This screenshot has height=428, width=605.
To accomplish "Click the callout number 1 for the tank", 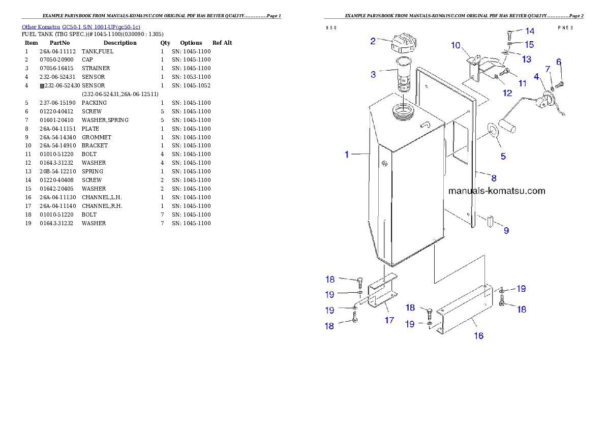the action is pos(347,154).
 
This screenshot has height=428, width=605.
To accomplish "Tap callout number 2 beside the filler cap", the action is pos(373,41).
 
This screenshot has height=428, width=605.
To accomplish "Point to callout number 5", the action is pos(503,156).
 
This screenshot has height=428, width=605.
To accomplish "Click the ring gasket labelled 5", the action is pos(493,131).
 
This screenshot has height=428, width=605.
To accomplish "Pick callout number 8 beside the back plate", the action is pos(493,178).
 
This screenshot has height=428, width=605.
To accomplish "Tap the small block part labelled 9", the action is pos(491,222).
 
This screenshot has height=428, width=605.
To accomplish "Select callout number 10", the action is pos(456,45).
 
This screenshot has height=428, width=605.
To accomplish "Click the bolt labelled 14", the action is pos(509,35).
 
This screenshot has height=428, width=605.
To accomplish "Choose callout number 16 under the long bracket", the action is pos(478,335).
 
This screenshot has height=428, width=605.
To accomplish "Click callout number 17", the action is pos(389,320).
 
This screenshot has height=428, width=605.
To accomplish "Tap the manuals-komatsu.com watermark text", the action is pos(496,191).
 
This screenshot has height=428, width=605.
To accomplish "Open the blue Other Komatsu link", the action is pos(81,27).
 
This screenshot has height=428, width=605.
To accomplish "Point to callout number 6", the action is pos(558,62).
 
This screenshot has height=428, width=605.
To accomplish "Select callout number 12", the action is pos(507,93).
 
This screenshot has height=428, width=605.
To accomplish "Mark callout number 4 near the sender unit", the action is pos(536,76).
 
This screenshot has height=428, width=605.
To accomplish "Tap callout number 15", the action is pos(529,44).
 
